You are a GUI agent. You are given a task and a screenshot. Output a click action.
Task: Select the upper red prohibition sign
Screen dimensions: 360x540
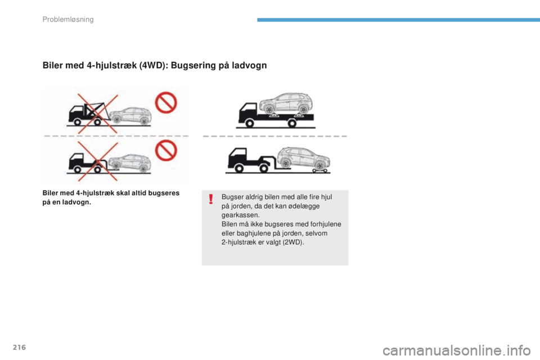166,102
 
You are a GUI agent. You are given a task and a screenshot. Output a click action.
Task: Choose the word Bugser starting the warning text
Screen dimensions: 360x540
232,197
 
